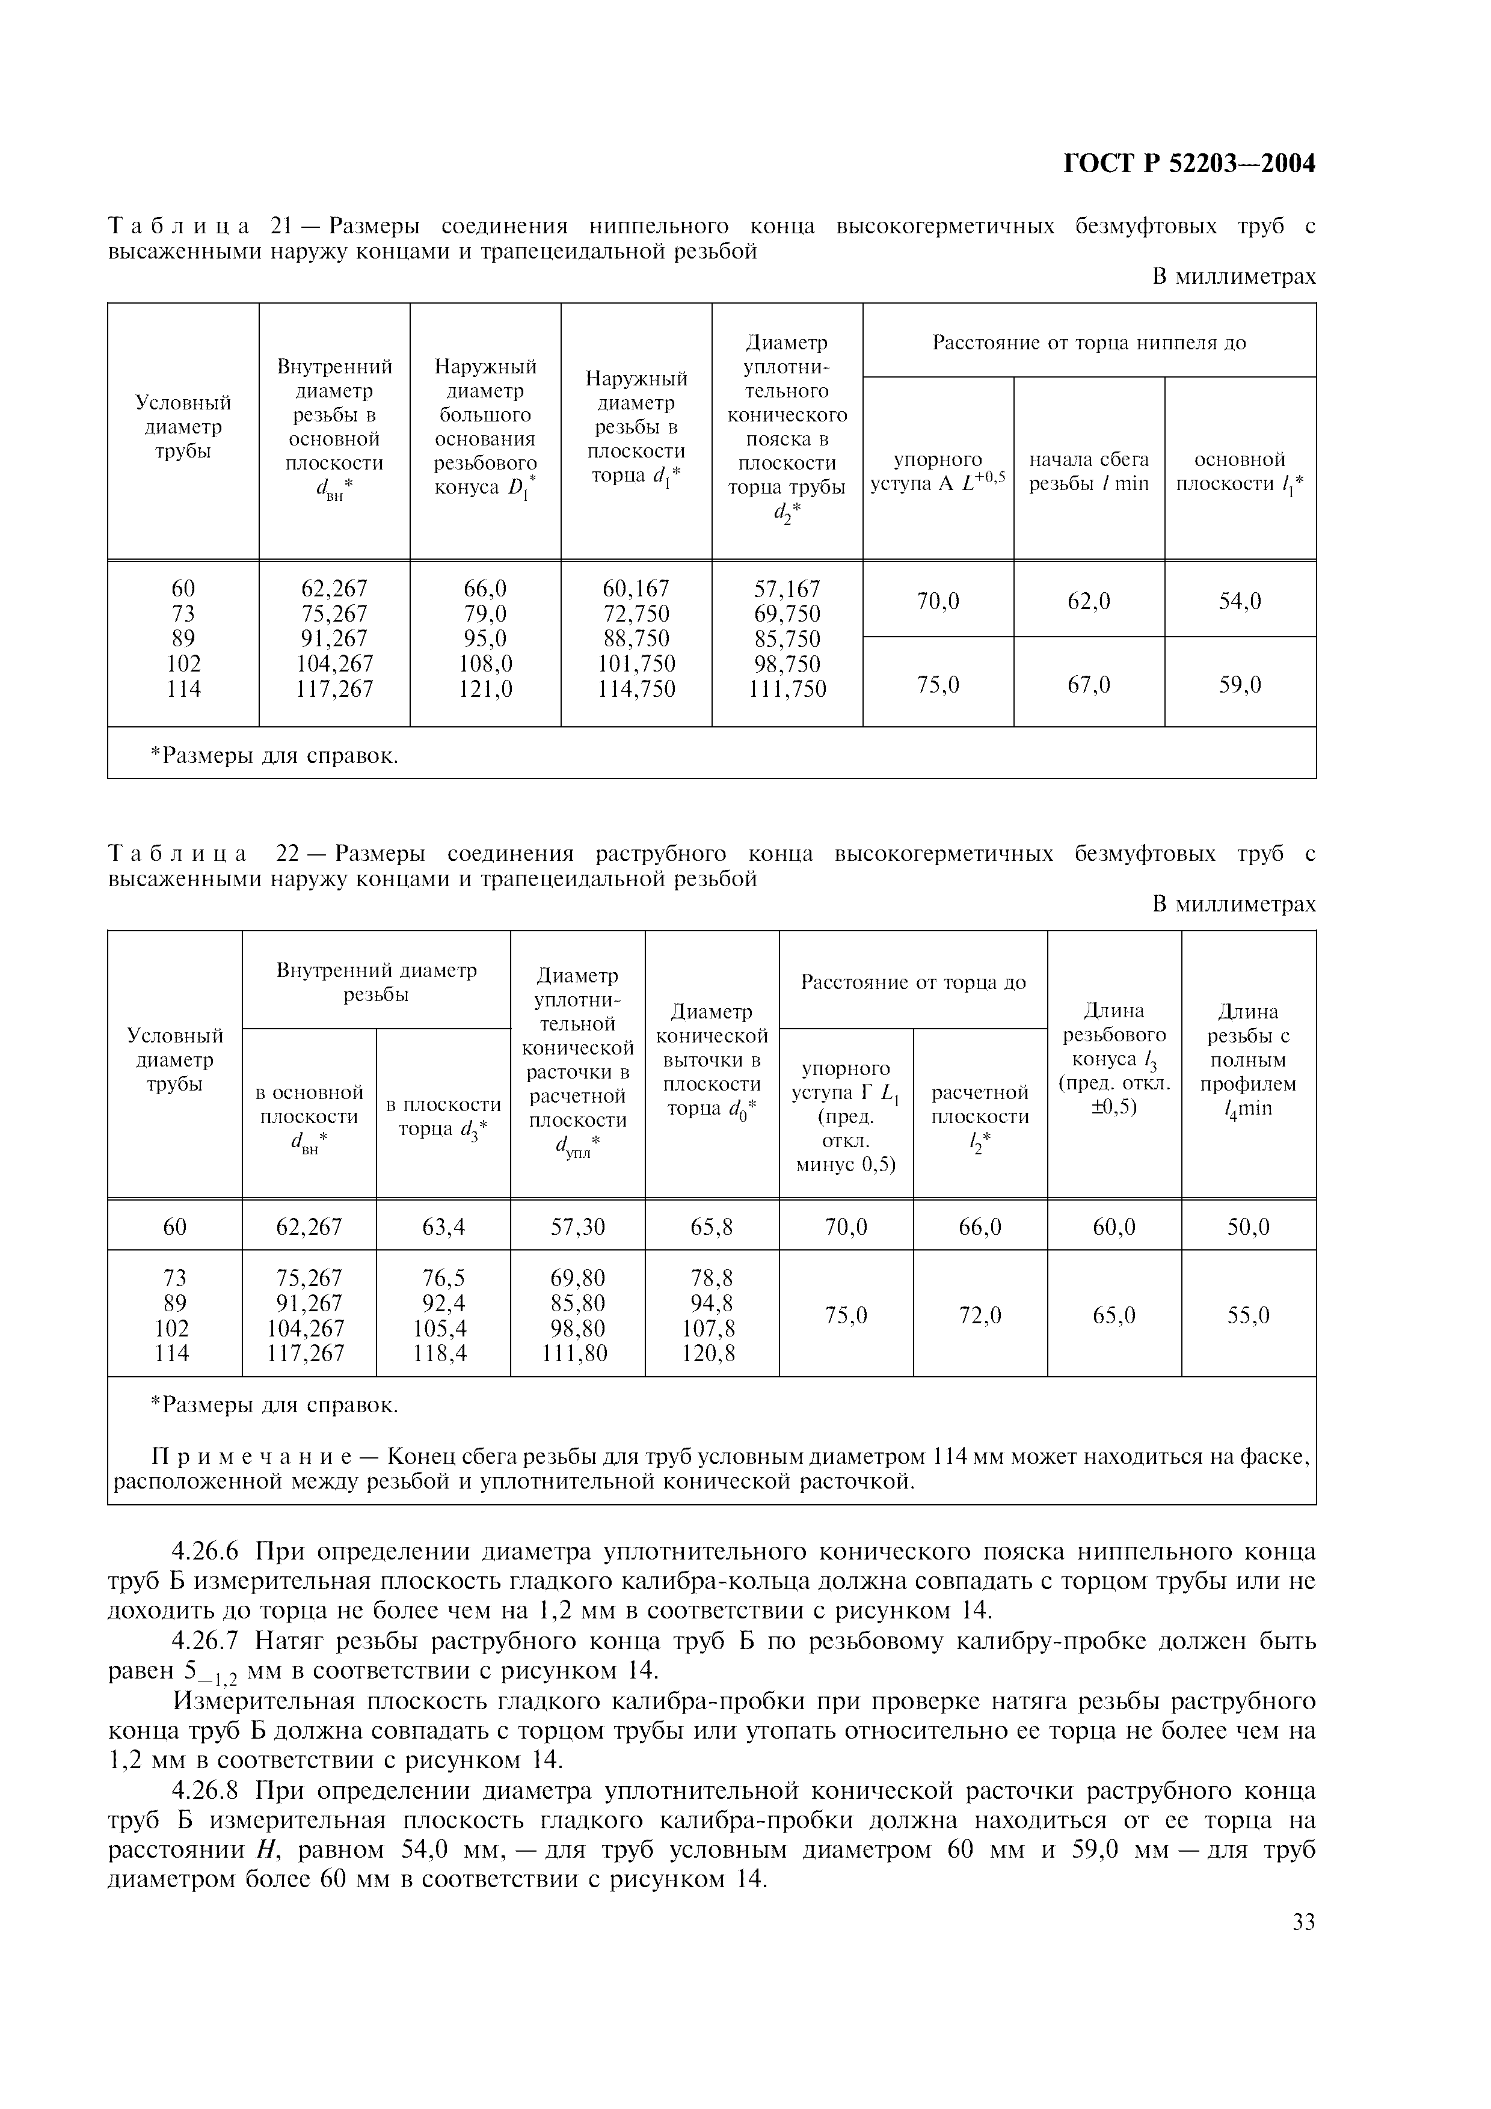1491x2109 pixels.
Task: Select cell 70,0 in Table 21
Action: pos(937,602)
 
